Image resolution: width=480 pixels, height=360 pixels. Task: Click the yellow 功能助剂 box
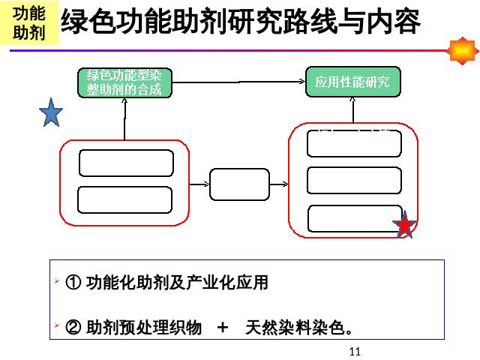click(28, 23)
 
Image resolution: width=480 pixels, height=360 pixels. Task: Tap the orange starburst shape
click(462, 51)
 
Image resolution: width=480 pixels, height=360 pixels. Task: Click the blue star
click(51, 113)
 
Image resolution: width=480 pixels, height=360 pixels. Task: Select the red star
click(404, 226)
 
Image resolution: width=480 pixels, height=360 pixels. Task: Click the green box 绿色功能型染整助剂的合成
click(124, 83)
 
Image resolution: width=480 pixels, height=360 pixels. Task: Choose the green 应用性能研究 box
click(352, 82)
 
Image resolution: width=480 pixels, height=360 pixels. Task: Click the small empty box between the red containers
click(239, 184)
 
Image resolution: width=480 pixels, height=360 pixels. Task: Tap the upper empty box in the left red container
click(126, 163)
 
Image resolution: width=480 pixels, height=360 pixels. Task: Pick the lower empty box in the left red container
click(125, 199)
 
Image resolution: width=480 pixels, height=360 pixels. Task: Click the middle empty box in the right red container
click(353, 180)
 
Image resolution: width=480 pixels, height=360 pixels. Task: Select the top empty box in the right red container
click(353, 143)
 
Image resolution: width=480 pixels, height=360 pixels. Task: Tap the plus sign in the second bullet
click(222, 328)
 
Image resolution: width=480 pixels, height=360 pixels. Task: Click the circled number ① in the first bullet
click(73, 283)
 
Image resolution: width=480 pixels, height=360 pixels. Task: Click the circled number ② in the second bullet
click(73, 328)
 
